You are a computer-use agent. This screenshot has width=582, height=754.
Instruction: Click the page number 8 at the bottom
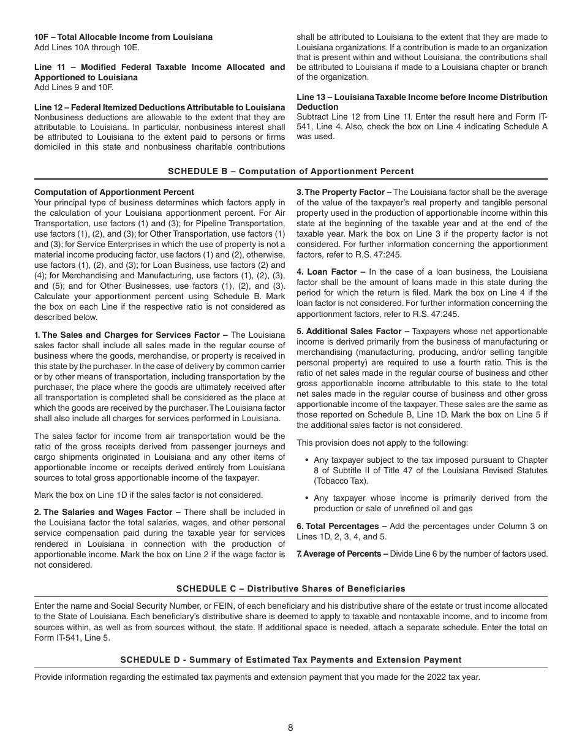click(290, 728)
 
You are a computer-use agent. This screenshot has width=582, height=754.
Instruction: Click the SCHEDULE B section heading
click(290, 172)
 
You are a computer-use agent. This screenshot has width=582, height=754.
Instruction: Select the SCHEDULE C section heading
click(290, 588)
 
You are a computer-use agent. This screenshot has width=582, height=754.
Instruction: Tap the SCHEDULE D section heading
click(290, 660)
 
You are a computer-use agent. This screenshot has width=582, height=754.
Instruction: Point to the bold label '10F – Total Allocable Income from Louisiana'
click(123, 37)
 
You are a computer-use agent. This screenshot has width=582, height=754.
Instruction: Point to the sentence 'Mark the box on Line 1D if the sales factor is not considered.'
click(148, 495)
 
